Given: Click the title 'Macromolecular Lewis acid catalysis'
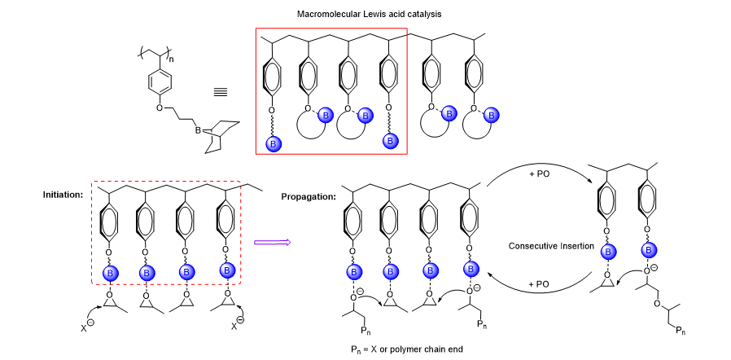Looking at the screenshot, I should click(x=365, y=13).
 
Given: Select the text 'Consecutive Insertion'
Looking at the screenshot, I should click(x=549, y=244).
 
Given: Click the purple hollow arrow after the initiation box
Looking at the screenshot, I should click(x=268, y=241).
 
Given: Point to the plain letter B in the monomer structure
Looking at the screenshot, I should click(x=198, y=130).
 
